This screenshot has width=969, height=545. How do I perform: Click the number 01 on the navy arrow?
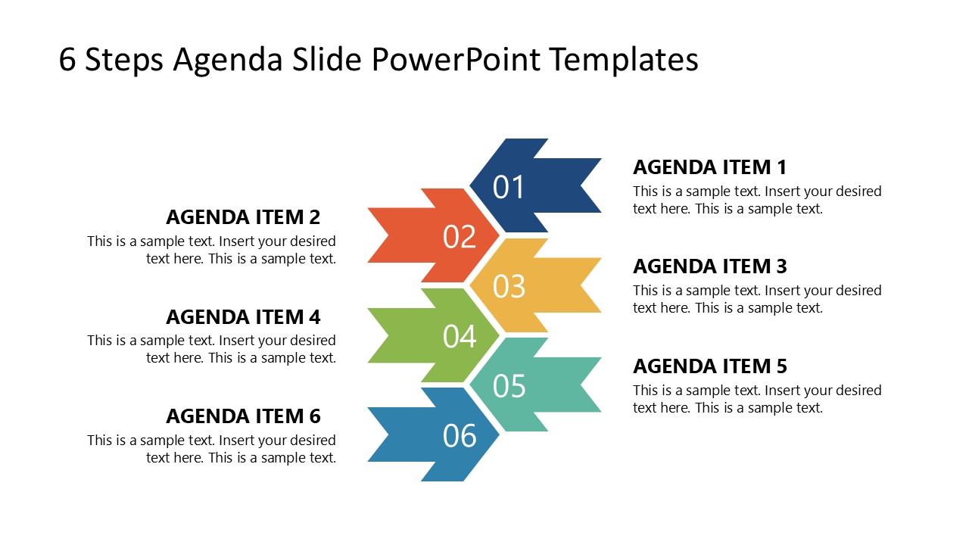point(509,187)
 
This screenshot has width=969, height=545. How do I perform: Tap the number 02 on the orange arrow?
point(460,237)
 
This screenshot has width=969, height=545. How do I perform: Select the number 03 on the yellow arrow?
point(509,286)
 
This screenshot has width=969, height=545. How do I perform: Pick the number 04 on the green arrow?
point(460,336)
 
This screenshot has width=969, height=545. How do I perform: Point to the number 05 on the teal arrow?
point(509,386)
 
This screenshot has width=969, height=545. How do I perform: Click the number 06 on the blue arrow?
point(460,436)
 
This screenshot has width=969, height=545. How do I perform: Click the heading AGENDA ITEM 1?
point(709,167)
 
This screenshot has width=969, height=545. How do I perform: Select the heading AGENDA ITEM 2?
point(243,217)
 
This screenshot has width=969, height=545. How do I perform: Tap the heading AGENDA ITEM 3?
point(709,266)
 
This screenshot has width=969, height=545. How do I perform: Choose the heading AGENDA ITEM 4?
point(243,316)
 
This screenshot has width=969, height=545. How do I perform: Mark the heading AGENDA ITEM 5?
point(709,366)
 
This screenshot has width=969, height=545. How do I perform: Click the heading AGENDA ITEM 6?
point(243,416)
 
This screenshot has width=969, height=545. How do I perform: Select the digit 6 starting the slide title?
point(68,61)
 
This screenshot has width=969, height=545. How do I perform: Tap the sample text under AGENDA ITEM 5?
point(757,399)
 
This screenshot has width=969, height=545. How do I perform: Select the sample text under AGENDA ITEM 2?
point(212,250)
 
